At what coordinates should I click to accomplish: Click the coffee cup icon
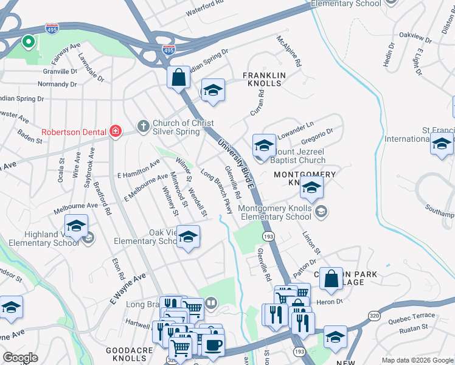[213, 346]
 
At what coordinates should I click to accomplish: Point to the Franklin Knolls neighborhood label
[264, 80]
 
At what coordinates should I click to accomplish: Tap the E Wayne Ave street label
[128, 289]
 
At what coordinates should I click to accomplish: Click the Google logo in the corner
[20, 358]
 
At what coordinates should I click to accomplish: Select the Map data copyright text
[417, 360]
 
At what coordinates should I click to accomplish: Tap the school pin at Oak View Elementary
[188, 237]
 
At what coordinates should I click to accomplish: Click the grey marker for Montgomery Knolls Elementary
[322, 212]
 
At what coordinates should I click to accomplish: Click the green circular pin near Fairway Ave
[27, 42]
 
